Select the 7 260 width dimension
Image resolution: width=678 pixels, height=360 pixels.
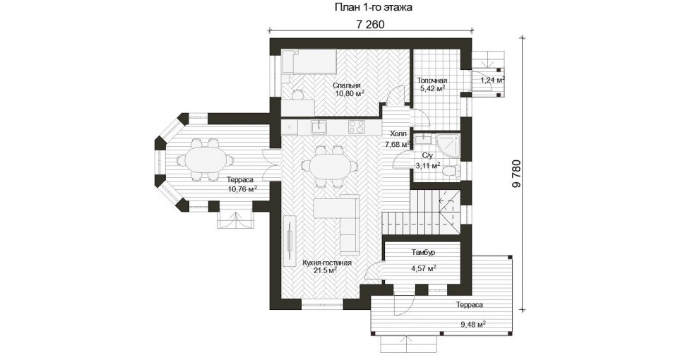[371, 25]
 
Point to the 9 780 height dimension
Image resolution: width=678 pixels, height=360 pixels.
[516, 174]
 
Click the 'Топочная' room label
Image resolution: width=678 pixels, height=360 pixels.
[432, 80]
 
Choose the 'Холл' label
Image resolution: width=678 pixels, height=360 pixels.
[398, 134]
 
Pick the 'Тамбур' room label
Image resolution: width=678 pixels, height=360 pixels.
[423, 253]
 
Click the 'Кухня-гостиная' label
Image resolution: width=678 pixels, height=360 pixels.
[327, 263]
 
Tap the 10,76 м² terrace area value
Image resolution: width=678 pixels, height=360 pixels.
[242, 188]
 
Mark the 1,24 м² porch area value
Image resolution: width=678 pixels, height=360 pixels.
[493, 80]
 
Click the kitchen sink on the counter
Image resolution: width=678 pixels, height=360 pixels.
[319, 126]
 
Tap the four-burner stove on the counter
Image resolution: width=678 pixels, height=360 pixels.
[357, 126]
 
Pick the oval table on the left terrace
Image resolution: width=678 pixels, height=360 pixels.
[205, 160]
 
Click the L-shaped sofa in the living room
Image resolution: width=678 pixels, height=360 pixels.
[343, 224]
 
